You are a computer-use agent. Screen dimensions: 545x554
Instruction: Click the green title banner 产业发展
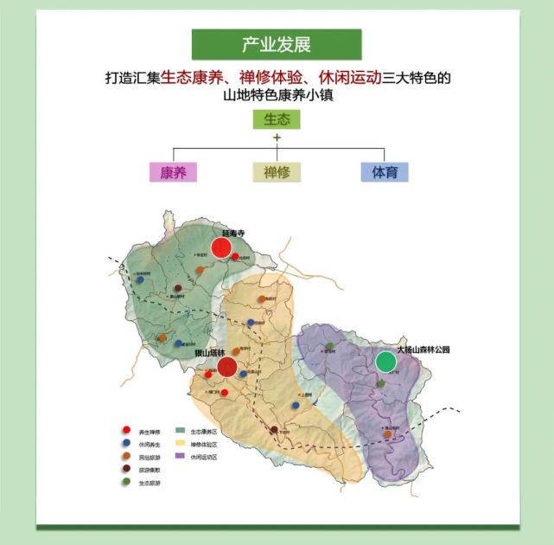(277, 43)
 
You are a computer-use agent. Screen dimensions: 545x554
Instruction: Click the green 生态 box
(277, 119)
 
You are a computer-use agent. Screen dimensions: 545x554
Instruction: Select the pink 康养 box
(173, 171)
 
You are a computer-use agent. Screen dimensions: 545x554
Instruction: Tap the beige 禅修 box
(277, 171)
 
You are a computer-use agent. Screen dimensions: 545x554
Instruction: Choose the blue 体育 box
(385, 171)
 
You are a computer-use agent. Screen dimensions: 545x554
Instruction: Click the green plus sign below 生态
(277, 138)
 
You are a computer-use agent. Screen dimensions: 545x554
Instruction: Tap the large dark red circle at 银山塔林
(227, 368)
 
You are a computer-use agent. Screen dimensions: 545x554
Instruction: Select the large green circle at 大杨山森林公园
(385, 362)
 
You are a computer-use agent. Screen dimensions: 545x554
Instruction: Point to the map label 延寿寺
(234, 233)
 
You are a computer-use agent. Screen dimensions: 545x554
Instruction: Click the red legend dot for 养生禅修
(127, 430)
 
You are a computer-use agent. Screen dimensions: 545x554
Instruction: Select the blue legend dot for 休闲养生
(127, 443)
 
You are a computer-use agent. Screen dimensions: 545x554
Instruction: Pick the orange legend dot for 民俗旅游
(127, 456)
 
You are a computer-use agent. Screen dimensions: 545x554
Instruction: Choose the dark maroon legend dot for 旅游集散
(127, 469)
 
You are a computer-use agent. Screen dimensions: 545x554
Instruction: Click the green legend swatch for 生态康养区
(181, 430)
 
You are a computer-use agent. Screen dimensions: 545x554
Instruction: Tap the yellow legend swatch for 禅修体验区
(181, 443)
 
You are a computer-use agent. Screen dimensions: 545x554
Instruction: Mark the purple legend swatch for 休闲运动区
(181, 456)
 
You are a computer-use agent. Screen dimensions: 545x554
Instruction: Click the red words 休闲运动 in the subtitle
(350, 78)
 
